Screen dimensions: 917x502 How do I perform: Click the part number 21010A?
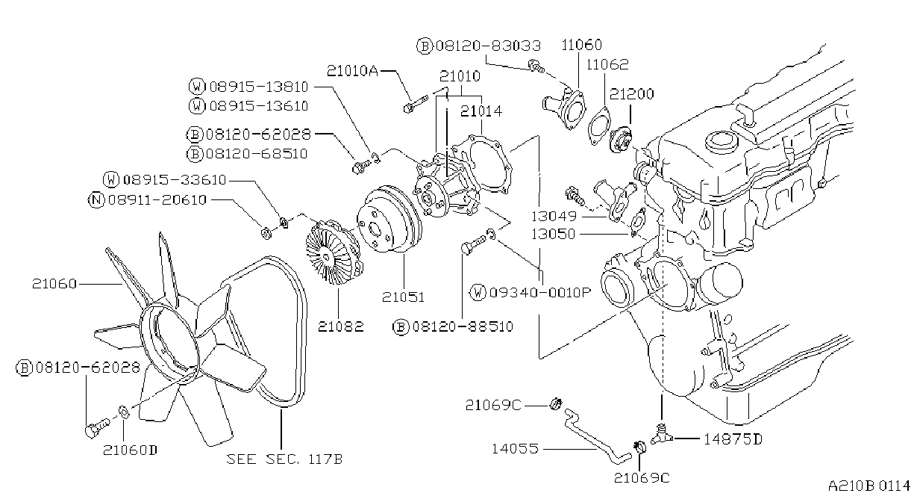[x=352, y=71]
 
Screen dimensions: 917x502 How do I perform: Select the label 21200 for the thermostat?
[x=631, y=94]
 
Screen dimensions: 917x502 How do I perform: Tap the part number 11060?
[x=581, y=45]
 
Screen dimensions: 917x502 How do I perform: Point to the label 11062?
[x=607, y=64]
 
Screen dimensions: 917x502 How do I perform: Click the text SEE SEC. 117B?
[x=284, y=459]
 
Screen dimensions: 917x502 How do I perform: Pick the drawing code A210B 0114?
[x=869, y=486]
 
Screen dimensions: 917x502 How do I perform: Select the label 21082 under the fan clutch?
[x=340, y=326]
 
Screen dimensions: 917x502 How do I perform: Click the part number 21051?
[x=403, y=297]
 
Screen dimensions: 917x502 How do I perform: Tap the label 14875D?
[x=733, y=440]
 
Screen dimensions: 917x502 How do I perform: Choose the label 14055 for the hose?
[x=515, y=449]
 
